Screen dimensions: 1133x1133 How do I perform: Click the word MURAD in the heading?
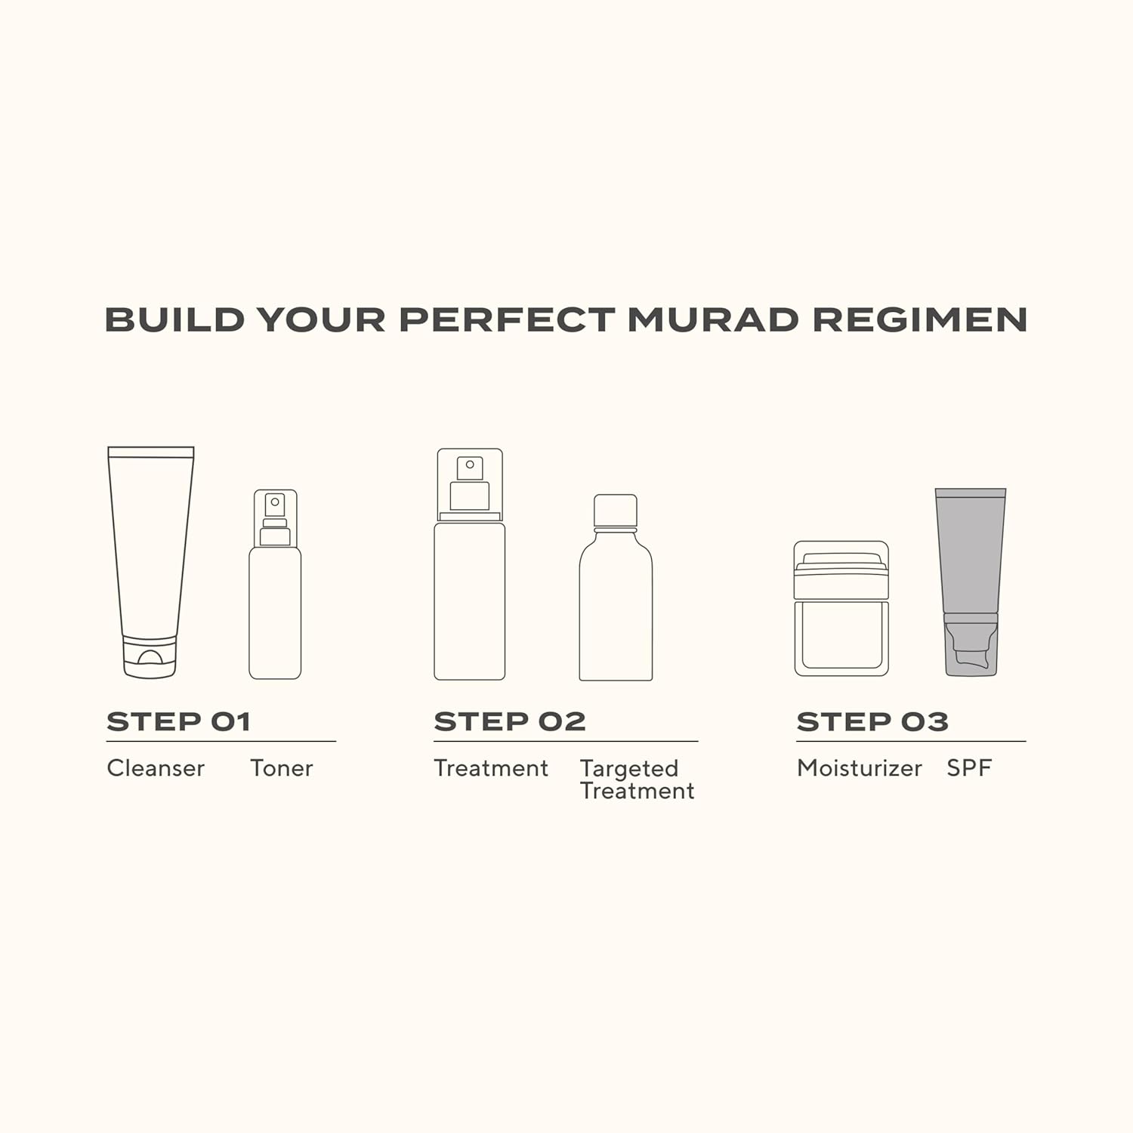[712, 320]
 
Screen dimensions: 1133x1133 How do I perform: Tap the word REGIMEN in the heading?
[919, 320]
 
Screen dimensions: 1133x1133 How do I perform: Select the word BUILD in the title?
[174, 320]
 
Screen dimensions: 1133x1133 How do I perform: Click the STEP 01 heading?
[178, 721]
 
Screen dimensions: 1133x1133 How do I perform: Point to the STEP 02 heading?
[510, 721]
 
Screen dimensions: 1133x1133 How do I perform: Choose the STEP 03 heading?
[872, 721]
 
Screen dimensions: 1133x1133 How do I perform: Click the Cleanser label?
[156, 768]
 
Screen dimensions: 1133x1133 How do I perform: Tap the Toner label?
[281, 768]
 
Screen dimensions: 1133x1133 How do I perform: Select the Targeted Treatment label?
[637, 780]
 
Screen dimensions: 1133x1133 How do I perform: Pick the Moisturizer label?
[859, 768]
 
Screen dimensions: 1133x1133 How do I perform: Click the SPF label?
[968, 768]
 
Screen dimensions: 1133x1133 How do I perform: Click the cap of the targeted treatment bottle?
[616, 511]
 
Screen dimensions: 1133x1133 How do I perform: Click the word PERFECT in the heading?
[507, 320]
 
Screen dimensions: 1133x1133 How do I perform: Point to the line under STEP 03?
[911, 741]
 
